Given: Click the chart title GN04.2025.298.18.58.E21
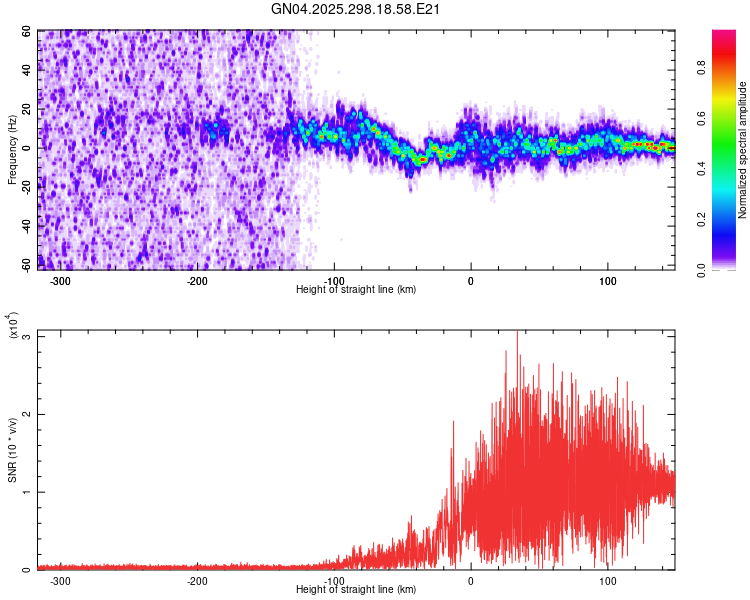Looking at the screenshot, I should click(356, 9).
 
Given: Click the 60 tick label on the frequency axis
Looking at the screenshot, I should click(27, 32).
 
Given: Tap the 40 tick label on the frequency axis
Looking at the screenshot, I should click(27, 71).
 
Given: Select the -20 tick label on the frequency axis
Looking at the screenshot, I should click(24, 187).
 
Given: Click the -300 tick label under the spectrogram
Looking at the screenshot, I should click(60, 281).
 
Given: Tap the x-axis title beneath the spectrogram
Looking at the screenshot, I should click(356, 289).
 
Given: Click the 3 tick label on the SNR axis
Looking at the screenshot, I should click(27, 336).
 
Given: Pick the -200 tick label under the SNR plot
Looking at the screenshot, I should click(197, 581).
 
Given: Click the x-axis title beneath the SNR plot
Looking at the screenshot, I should click(356, 589).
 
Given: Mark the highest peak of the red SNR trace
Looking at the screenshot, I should click(517, 334).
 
